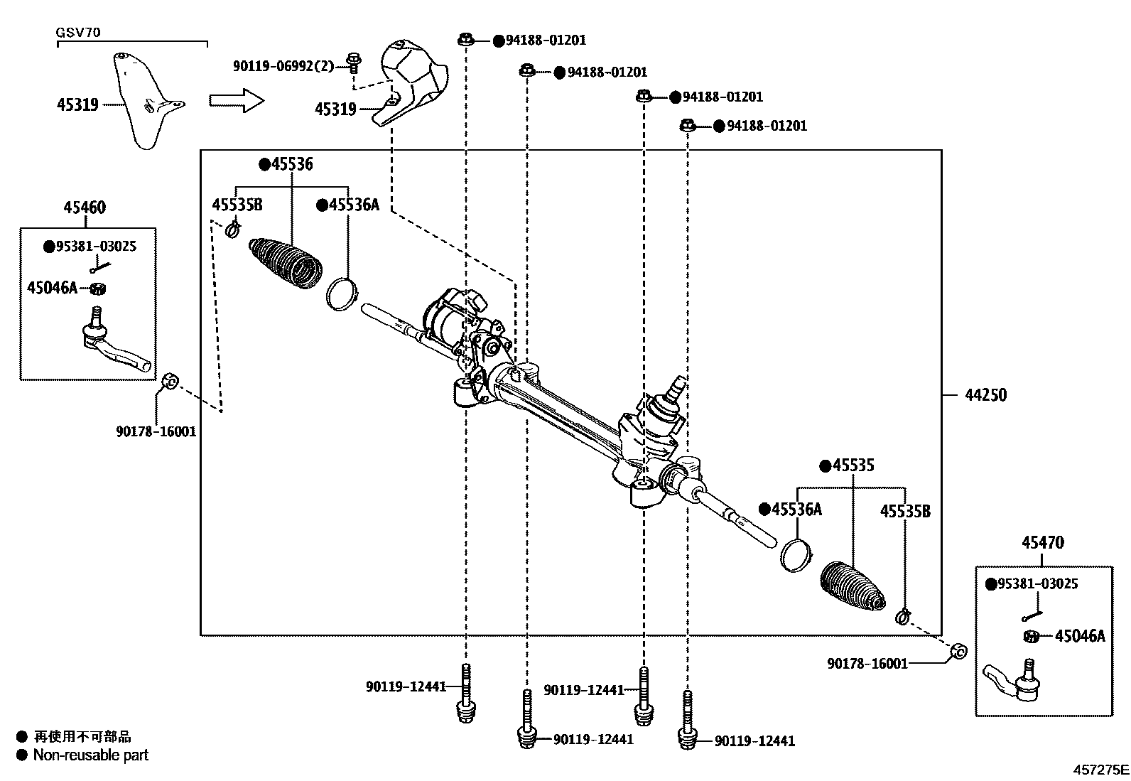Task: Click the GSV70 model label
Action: click(77, 33)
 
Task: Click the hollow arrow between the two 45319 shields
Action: click(237, 100)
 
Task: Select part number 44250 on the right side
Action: click(985, 395)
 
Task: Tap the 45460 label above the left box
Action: click(85, 208)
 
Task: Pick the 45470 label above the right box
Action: click(1043, 542)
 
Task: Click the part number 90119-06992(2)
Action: click(283, 66)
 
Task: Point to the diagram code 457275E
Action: click(1100, 770)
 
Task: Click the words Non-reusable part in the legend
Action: click(91, 755)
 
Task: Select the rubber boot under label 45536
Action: click(286, 263)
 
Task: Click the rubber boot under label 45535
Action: click(853, 586)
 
